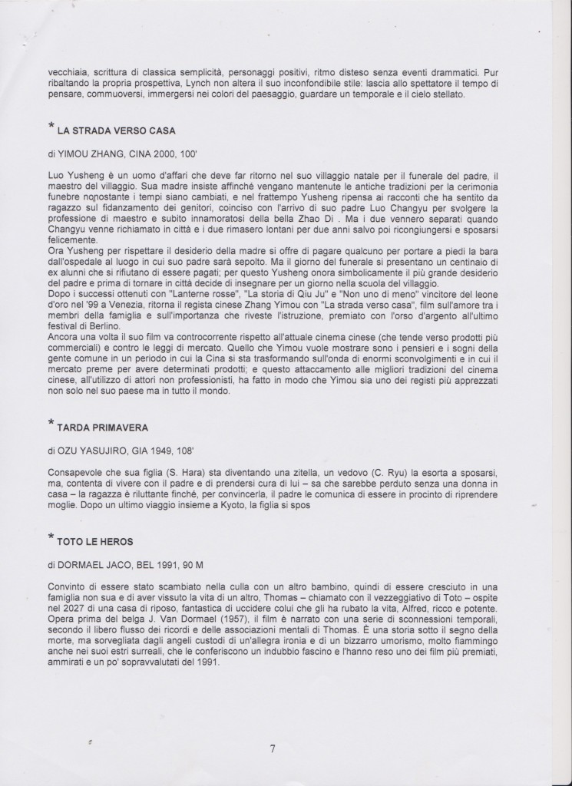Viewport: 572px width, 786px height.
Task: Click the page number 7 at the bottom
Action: click(272, 750)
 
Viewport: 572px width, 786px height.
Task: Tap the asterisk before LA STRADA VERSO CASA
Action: click(50, 126)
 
